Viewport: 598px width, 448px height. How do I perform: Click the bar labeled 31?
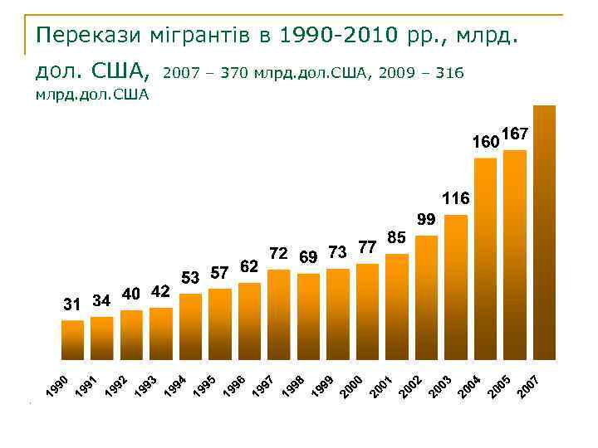tap(73, 339)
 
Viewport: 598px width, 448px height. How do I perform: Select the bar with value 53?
tap(191, 326)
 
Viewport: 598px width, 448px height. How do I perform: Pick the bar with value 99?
tap(426, 297)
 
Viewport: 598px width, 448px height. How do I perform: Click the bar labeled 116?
tap(456, 286)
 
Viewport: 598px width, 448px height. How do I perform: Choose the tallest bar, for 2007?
tap(544, 232)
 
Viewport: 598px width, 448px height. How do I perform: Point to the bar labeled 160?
tap(485, 258)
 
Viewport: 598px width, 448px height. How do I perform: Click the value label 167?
tap(516, 134)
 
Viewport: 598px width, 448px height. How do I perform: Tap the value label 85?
tap(396, 237)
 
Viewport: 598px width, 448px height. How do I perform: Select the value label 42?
tap(161, 291)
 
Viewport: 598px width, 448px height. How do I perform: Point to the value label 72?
tap(278, 252)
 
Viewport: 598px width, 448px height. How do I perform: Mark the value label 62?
tap(249, 266)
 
